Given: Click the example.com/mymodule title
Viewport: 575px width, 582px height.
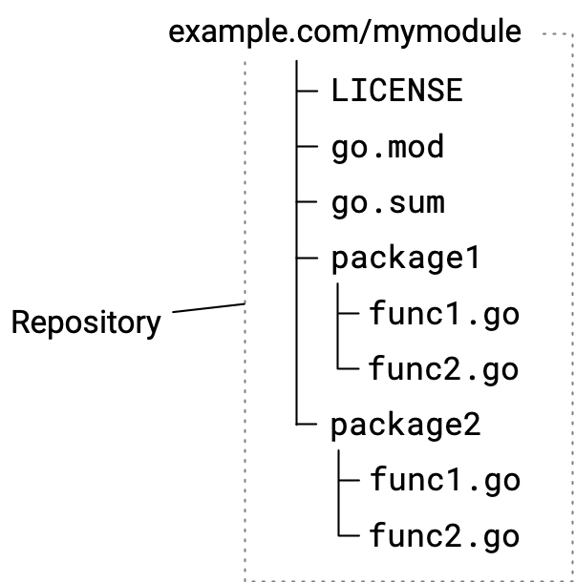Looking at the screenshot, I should pos(345,31).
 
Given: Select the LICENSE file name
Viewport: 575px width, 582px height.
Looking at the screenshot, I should pos(396,91).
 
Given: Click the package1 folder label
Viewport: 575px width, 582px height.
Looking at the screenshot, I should pos(405,259).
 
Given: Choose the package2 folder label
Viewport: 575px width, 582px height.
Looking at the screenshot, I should pos(405,425).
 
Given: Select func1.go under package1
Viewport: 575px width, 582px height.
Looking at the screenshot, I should pos(443,314).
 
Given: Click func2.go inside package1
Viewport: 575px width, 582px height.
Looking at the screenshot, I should pos(443,368).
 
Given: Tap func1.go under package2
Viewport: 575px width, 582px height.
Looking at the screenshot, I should pos(445,479).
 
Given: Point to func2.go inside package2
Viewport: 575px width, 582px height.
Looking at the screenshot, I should pos(445,535).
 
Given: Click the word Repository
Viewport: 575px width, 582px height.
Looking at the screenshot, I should pos(86,322).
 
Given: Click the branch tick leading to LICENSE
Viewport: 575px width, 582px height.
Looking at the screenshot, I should pos(308,92).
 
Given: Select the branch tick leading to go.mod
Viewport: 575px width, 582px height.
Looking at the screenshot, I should pos(308,147).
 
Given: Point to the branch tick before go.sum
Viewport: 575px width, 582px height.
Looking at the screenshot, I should pos(308,202).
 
